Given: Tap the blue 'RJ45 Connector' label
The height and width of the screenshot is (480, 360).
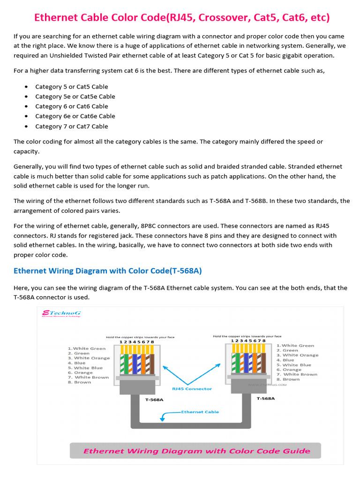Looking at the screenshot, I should pos(192,389).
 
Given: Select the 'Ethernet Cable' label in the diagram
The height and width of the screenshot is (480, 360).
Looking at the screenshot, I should pos(200,412).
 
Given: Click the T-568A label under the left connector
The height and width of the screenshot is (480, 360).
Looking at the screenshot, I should pos(154,400).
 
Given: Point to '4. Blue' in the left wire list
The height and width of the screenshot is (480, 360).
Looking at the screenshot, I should pos(77,363).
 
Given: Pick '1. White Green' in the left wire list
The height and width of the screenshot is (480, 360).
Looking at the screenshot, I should pos(87,348).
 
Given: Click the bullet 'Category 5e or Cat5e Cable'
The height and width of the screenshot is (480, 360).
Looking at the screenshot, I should pos(75,97).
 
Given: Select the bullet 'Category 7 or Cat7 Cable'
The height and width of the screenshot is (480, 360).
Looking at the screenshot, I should pos(71,126).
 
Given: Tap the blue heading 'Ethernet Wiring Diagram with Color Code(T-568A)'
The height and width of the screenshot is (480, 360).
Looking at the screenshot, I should pos(108,271).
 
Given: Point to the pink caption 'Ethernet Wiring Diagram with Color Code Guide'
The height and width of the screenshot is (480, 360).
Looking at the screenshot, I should pos(196,451).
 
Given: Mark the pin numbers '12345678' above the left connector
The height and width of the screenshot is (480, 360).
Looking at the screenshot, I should pos(136,342).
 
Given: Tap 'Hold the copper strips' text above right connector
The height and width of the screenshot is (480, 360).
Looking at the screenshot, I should pos(247,336).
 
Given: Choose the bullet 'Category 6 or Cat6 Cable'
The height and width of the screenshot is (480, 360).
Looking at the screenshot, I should pos(71,106).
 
